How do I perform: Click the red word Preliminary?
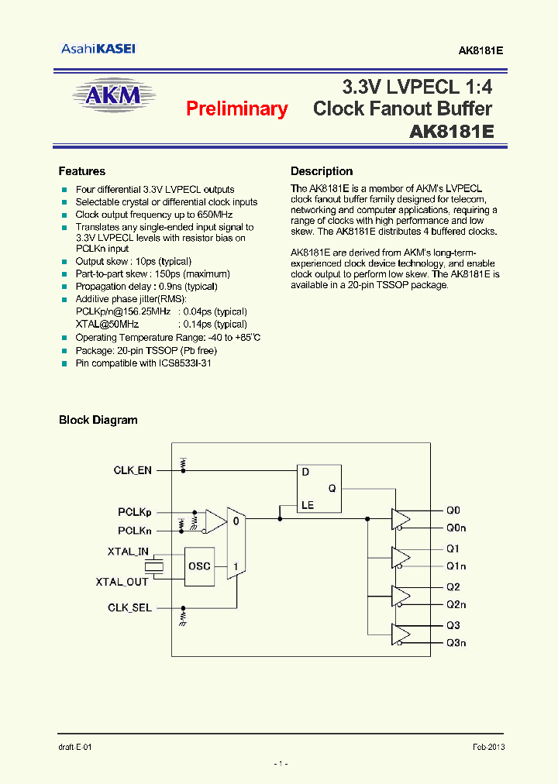tap(236, 109)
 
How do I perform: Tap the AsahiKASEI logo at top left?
tap(98, 49)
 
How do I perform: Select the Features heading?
tap(81, 171)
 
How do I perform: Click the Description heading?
tap(321, 171)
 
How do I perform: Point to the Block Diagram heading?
tap(98, 420)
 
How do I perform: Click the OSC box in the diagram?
tap(199, 566)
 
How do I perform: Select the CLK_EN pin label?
tap(133, 470)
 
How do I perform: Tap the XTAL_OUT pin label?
tap(122, 582)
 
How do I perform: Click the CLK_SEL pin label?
tap(129, 608)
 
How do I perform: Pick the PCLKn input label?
tap(135, 531)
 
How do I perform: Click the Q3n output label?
tap(456, 643)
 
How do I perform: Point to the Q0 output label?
tap(453, 511)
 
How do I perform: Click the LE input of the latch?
tap(308, 505)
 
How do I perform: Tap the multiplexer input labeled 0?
tap(236, 521)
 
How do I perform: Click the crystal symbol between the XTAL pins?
tap(157, 566)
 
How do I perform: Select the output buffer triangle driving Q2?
tap(401, 596)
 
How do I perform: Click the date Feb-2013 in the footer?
tap(489, 747)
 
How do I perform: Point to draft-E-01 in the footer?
tap(75, 747)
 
